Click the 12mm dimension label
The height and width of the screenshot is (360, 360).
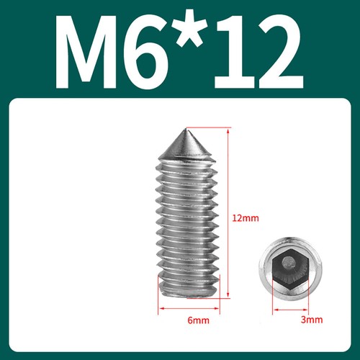(x=245, y=217)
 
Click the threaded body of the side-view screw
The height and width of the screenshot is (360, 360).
(x=186, y=223)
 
